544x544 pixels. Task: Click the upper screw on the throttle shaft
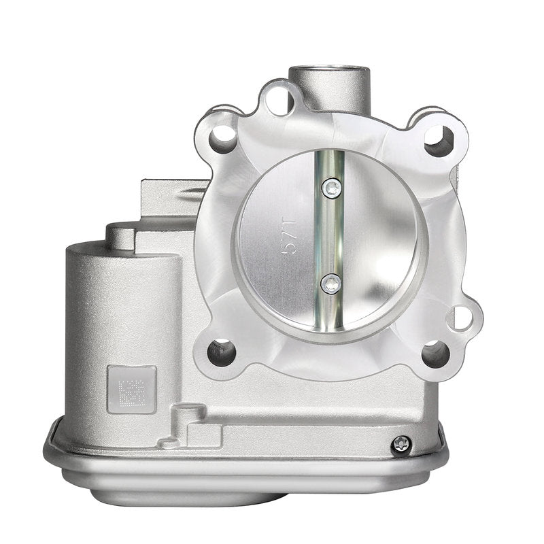(332, 188)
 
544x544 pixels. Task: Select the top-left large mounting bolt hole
(223, 139)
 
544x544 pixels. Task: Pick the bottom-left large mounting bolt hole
(222, 352)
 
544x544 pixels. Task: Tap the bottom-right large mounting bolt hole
(435, 354)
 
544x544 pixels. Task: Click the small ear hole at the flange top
(280, 101)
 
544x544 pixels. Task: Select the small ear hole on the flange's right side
(463, 318)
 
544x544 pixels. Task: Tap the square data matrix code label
(131, 390)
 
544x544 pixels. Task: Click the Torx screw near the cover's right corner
(402, 443)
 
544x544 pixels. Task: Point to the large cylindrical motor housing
(122, 320)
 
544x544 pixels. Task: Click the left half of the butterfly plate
(279, 238)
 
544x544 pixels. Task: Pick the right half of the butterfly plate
(381, 238)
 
